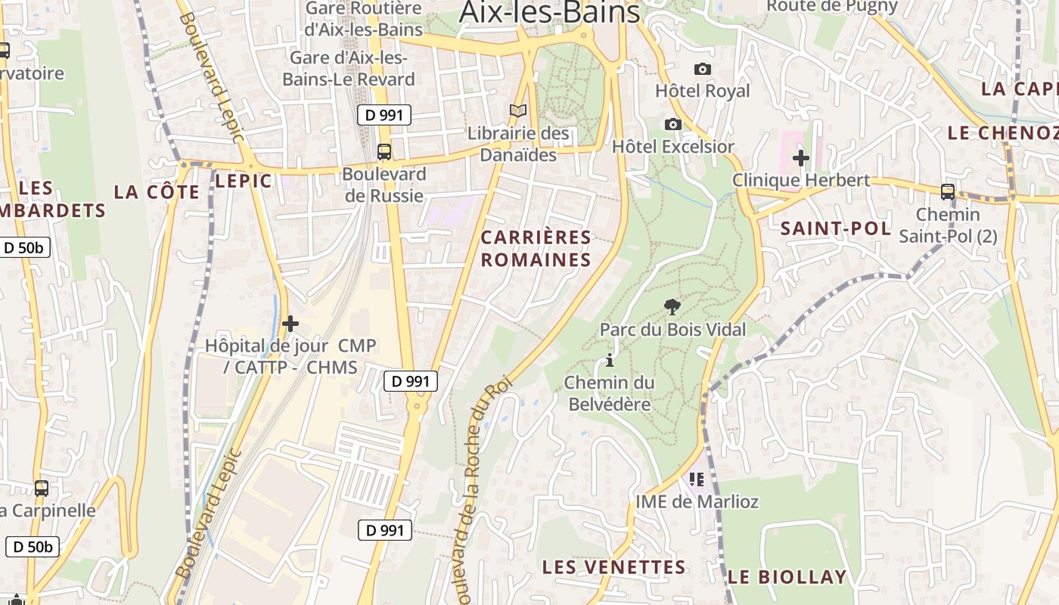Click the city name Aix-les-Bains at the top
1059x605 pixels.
pyautogui.click(x=550, y=12)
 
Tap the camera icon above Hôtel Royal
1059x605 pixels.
pyautogui.click(x=703, y=69)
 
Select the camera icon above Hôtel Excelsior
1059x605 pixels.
pyautogui.click(x=673, y=124)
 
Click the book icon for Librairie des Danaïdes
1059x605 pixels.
pyautogui.click(x=518, y=111)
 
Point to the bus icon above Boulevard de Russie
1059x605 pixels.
pyautogui.click(x=384, y=152)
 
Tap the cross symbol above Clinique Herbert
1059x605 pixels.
pyautogui.click(x=801, y=158)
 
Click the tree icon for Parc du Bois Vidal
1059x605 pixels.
pyautogui.click(x=672, y=306)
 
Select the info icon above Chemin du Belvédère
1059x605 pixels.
pyautogui.click(x=610, y=360)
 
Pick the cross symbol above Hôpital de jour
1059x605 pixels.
pyautogui.click(x=290, y=324)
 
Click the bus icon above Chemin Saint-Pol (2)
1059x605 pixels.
pyautogui.click(x=947, y=192)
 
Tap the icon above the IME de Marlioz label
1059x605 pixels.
pyautogui.click(x=697, y=479)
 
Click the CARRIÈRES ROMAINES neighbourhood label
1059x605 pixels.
pyautogui.click(x=536, y=249)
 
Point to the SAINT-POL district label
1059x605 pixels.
pyautogui.click(x=835, y=228)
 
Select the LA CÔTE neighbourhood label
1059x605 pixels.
pyautogui.click(x=157, y=192)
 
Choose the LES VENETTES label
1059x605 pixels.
pyautogui.click(x=614, y=567)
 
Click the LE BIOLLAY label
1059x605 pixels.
pyautogui.click(x=787, y=577)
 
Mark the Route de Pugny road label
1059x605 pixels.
pyautogui.click(x=832, y=7)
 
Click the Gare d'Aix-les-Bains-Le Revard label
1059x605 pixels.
pyautogui.click(x=349, y=68)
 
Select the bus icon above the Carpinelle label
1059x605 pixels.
pyautogui.click(x=42, y=489)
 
